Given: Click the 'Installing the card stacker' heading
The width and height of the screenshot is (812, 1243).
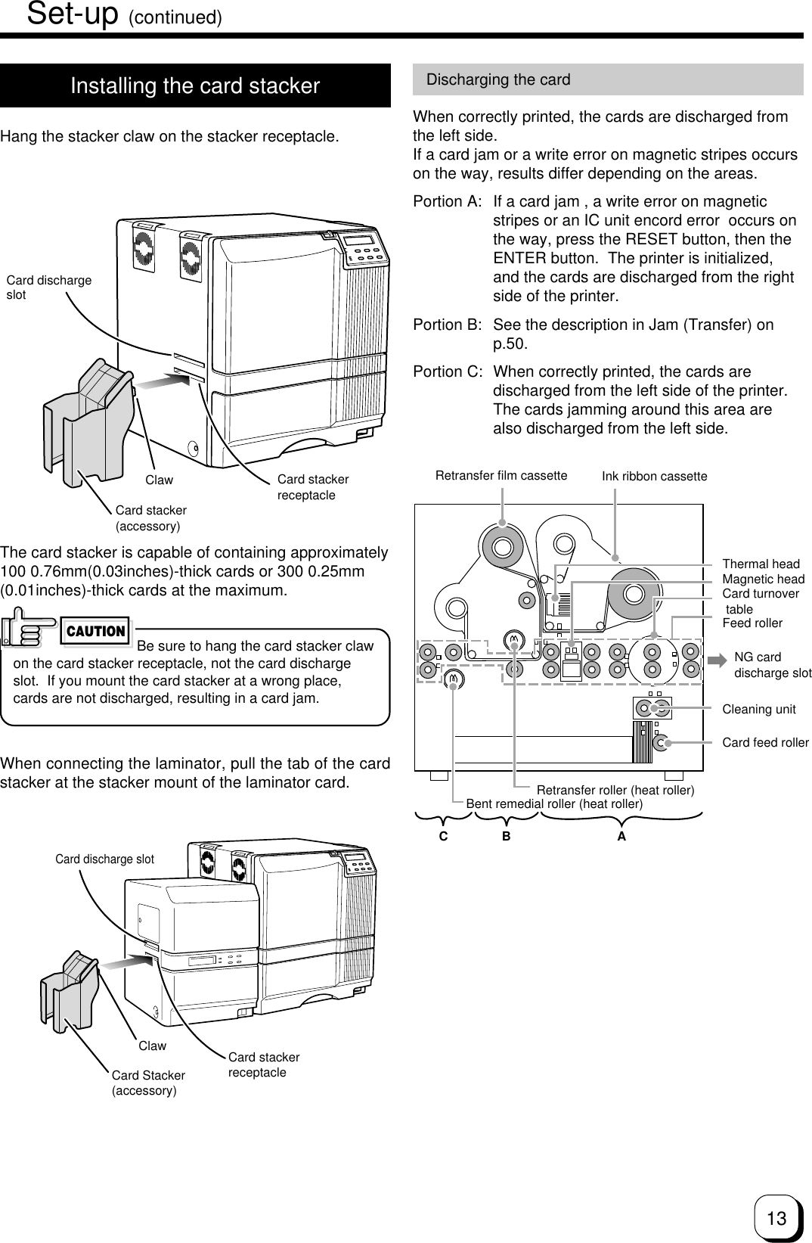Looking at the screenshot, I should [x=195, y=86].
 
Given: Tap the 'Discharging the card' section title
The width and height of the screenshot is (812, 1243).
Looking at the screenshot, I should [x=498, y=79].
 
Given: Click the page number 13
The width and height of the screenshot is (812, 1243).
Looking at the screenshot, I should [x=776, y=1218].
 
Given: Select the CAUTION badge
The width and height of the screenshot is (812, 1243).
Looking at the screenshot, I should [x=96, y=631].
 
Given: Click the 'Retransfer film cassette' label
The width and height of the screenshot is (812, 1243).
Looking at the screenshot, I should [x=501, y=476].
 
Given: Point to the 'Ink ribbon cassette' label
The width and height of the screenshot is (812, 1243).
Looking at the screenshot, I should [x=654, y=477].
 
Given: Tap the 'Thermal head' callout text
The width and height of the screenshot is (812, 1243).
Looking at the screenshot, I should [x=761, y=564].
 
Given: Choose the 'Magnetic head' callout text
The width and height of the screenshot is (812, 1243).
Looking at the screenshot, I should [x=764, y=580].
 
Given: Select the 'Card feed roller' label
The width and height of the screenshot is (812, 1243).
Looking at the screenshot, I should [x=765, y=743].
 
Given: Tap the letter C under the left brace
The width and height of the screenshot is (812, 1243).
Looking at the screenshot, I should [x=443, y=837].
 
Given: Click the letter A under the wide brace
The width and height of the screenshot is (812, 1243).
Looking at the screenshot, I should [x=621, y=837].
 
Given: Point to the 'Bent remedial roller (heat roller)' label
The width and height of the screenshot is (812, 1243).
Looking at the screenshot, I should [x=554, y=804].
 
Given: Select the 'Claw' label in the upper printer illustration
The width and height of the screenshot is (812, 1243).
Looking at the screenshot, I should [x=159, y=480].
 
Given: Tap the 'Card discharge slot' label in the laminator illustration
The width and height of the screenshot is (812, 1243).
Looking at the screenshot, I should [x=104, y=859].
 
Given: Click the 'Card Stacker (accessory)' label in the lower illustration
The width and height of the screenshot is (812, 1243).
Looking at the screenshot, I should [x=148, y=1083].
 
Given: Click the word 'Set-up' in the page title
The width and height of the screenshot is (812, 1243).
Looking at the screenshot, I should [x=73, y=14].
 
